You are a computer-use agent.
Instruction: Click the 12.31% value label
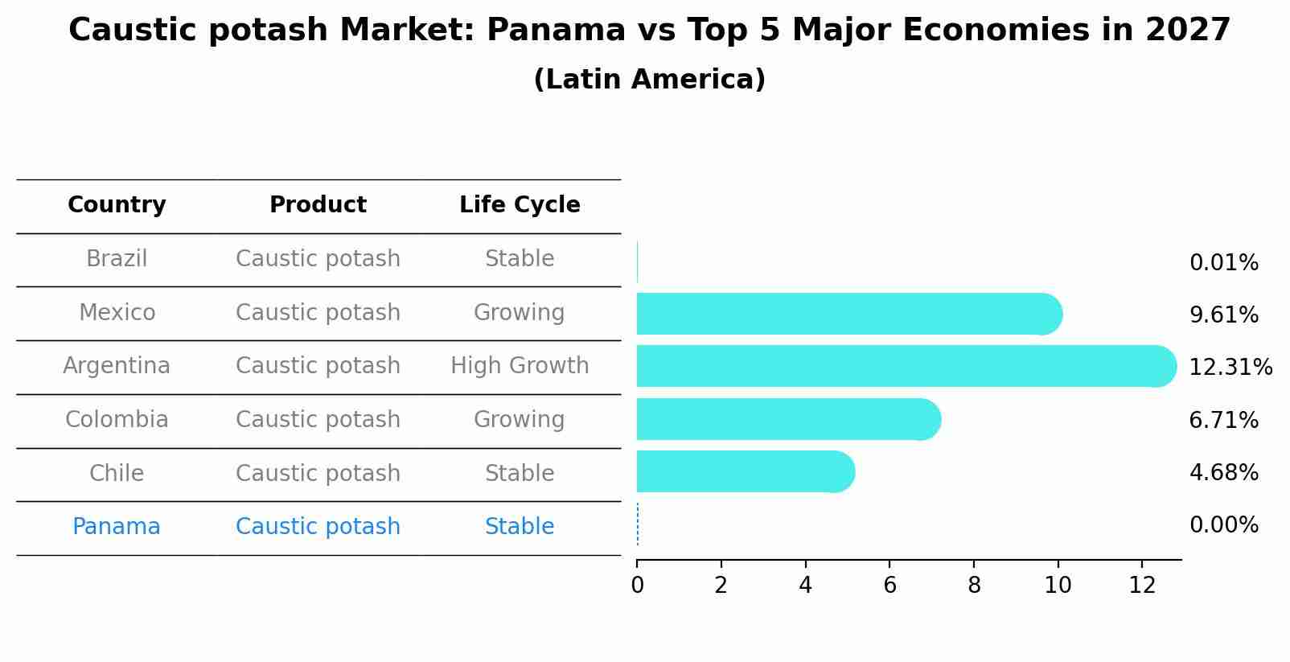point(1230,368)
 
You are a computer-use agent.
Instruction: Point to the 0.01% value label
point(1223,263)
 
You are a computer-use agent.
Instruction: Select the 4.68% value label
point(1223,472)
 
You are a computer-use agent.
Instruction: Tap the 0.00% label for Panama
point(1223,525)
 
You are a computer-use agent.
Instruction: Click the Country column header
point(117,205)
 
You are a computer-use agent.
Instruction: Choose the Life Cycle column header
point(520,205)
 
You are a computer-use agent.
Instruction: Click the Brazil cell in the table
point(117,259)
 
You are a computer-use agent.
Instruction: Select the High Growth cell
point(520,366)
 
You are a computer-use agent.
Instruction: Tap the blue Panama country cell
point(117,527)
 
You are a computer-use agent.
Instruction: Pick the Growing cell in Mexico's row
point(520,312)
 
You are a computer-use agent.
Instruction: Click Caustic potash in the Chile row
point(318,473)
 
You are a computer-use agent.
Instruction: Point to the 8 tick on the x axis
point(974,585)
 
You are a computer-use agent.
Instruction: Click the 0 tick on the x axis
point(637,585)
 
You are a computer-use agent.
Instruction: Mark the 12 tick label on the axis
point(1142,585)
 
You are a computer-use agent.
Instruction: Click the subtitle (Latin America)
point(649,80)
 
